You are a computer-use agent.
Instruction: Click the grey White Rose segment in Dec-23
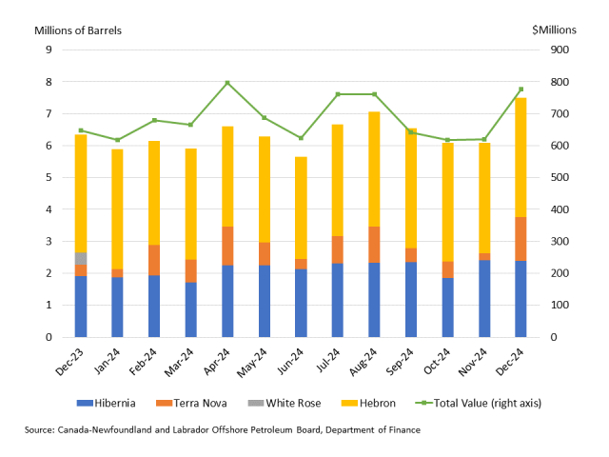(81, 258)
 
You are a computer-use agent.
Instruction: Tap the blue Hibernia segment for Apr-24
(227, 301)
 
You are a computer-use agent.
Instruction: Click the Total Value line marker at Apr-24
(227, 83)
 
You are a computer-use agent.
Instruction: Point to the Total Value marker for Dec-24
(521, 89)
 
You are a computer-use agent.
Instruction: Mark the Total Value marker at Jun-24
(301, 138)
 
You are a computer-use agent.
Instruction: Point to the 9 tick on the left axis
(48, 50)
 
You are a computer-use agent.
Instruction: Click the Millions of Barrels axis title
(78, 30)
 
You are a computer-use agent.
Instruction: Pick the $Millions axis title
(554, 30)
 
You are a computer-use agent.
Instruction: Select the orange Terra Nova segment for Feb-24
(154, 260)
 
